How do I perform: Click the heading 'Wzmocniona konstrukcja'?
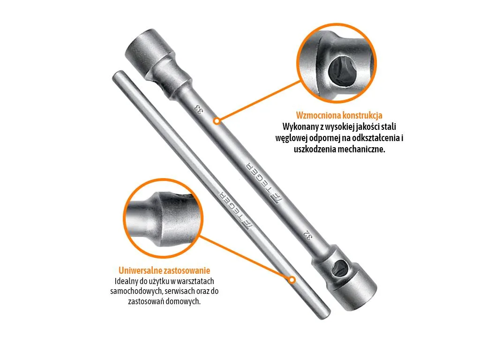pos(339,115)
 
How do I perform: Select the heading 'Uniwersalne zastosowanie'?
pos(165,270)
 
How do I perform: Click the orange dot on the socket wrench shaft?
pos(217,121)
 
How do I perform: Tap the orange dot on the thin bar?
pos(292,280)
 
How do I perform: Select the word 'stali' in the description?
pos(389,127)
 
